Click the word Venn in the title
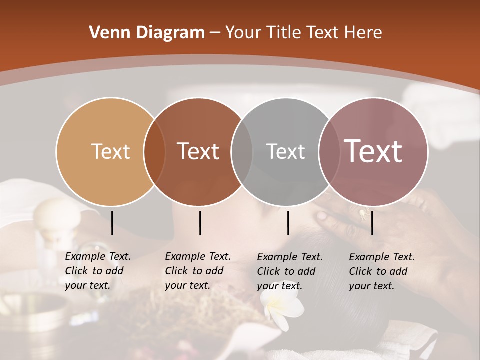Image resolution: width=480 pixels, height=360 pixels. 107,33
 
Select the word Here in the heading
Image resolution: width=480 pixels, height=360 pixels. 365,33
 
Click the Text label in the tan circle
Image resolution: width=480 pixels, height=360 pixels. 110,151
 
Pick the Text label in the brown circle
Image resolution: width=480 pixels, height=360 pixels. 198,151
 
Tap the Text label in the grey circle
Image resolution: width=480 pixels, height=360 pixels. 285,151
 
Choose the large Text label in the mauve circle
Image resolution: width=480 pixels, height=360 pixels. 373,151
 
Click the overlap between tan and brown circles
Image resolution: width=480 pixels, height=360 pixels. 155,151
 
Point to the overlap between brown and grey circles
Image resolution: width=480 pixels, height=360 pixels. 242,151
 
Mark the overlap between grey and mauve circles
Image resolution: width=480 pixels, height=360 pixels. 327,151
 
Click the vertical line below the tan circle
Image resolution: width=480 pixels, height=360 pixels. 112,223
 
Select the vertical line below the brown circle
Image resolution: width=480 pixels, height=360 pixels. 200,223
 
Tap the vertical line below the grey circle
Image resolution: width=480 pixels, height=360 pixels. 288,223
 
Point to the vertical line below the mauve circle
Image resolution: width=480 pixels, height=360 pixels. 372,223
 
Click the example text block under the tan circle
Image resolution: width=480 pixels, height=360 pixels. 98,271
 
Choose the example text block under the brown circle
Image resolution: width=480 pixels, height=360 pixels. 198,271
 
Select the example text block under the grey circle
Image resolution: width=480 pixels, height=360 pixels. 290,271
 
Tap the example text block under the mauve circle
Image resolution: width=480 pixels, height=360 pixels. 382,271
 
